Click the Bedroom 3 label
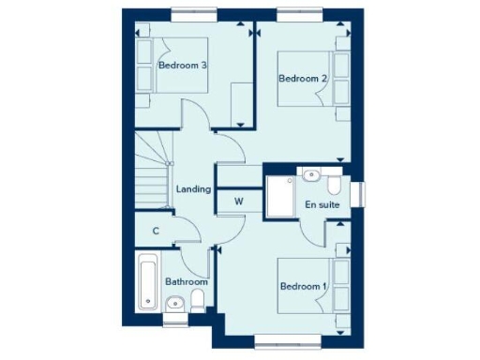point(182,65)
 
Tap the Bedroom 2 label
point(302,80)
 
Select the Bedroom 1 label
point(302,286)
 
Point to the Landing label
point(192,189)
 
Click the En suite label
point(322,203)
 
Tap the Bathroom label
point(187,280)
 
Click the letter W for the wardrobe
point(239,201)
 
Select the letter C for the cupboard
point(156,231)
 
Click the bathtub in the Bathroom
point(147,280)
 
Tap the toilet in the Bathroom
point(197,300)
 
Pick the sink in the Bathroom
point(173,303)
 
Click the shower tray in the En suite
point(280,195)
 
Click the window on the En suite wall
point(360,191)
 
